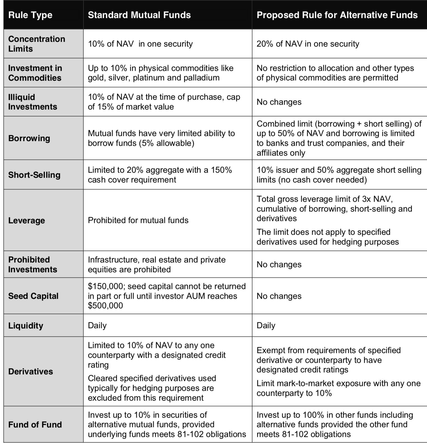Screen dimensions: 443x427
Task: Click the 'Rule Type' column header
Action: [x=30, y=15]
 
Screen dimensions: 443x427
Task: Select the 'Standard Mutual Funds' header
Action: [x=139, y=15]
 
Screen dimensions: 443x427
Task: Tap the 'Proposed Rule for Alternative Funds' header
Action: [x=337, y=15]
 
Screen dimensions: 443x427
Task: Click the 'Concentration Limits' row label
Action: [x=36, y=44]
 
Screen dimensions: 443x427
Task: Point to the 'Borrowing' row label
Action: [x=29, y=138]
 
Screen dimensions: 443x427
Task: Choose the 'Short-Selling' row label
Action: [x=34, y=175]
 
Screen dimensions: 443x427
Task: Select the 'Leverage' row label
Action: [x=27, y=220]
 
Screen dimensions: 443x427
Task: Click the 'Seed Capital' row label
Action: [x=33, y=296]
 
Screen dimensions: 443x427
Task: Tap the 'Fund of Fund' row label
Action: [x=35, y=425]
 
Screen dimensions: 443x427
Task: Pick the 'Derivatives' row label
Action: [x=30, y=371]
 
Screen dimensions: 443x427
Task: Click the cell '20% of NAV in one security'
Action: [x=308, y=44]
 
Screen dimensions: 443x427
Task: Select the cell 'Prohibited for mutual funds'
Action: [x=138, y=220]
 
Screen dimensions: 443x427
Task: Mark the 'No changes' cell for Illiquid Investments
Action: [x=279, y=102]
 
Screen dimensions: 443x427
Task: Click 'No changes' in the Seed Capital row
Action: [x=279, y=296]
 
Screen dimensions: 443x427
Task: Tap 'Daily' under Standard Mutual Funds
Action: [x=97, y=326]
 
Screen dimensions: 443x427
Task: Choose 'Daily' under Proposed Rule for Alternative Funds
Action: [x=266, y=326]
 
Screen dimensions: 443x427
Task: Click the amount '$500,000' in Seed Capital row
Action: [x=105, y=305]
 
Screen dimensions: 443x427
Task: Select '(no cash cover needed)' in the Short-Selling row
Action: [x=322, y=180]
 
